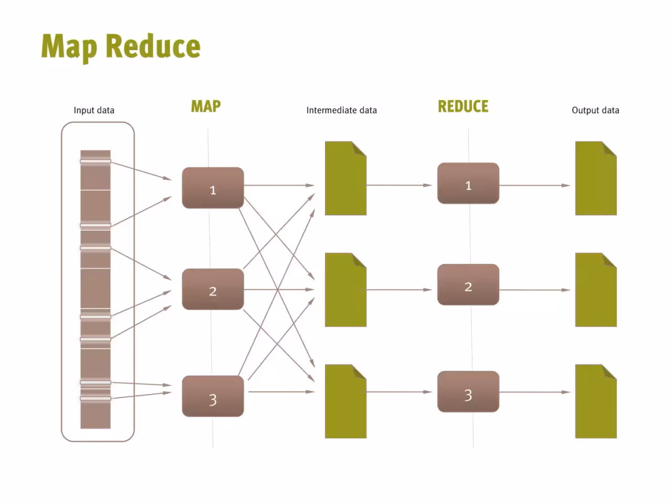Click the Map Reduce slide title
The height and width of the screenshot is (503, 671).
point(121,47)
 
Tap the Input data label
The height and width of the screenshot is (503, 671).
point(94,110)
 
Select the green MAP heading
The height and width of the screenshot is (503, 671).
point(205,106)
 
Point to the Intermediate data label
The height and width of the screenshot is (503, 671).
point(341,110)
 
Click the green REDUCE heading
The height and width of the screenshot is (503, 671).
point(463,106)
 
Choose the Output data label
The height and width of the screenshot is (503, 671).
point(595,110)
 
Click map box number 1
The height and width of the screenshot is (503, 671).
point(213,188)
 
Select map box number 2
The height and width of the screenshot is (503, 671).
point(213,289)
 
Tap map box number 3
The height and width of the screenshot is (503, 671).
point(213,396)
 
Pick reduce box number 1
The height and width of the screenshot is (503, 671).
point(468,183)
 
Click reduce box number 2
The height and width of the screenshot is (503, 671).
point(468,285)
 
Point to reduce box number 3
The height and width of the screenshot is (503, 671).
point(468,391)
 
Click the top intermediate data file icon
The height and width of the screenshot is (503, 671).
point(345,178)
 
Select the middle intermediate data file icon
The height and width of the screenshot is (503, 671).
point(345,290)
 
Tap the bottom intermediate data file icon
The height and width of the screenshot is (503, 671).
point(345,401)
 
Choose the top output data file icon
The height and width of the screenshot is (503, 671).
point(596,178)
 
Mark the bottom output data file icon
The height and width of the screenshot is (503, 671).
point(596,401)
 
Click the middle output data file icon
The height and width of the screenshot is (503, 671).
point(596,290)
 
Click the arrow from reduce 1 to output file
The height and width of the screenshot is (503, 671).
point(535,185)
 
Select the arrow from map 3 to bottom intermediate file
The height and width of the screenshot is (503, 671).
point(282,391)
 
